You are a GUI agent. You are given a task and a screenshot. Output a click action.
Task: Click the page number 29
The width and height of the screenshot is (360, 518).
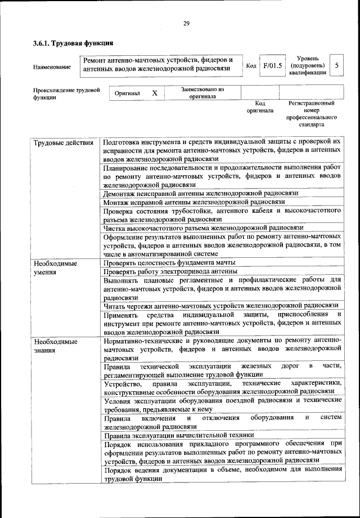pos(186,23)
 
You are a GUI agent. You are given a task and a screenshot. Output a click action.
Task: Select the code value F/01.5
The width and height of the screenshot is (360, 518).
pos(272,66)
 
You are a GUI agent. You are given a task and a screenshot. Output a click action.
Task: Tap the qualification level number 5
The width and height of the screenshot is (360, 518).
pos(336,66)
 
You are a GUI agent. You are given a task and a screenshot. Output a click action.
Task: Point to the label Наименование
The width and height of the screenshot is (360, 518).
pos(52,68)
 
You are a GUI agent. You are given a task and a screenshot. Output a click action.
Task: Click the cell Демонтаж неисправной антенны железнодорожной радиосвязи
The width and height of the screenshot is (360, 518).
pos(200,193)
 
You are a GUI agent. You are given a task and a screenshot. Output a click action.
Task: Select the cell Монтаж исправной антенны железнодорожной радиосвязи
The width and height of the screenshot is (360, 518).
pos(194,202)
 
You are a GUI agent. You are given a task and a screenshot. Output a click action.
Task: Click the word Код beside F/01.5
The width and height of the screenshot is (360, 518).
pos(251,66)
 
